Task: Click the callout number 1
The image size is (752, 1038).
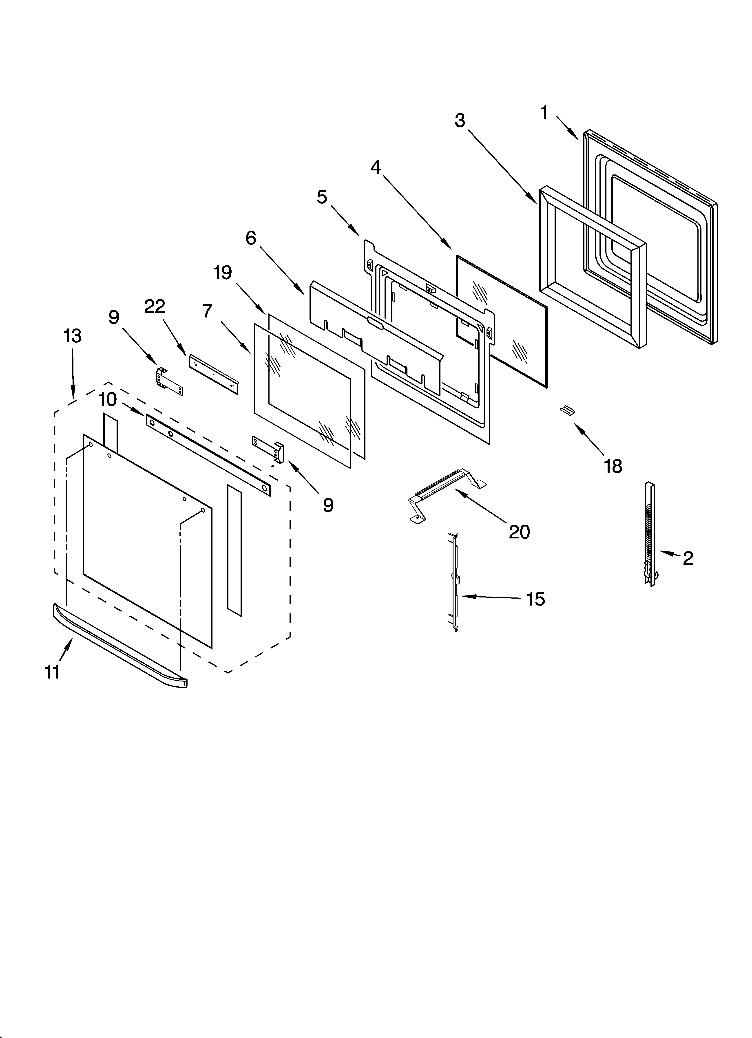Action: (x=544, y=112)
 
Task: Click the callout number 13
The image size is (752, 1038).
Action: (x=72, y=336)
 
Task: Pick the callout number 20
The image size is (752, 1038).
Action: (x=519, y=532)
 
